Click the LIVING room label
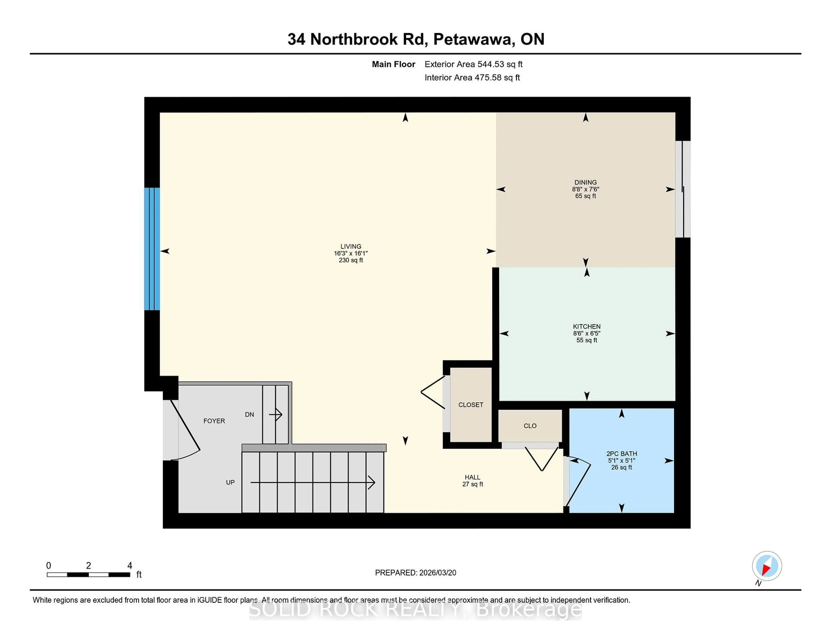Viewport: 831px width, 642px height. point(350,246)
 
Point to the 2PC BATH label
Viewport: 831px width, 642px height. point(621,453)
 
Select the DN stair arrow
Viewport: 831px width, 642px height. point(275,414)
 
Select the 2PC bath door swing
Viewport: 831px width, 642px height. point(578,483)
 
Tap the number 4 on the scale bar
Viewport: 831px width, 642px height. point(129,566)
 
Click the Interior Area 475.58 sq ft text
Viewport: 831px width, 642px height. point(472,78)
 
